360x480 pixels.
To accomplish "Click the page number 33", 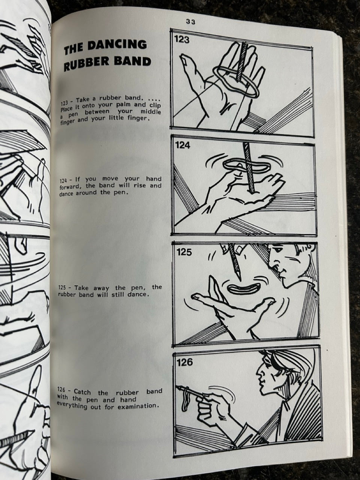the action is click(x=190, y=22).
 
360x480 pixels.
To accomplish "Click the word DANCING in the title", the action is click(x=118, y=45).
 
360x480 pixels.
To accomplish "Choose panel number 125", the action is click(x=184, y=252).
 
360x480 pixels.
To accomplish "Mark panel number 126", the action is click(x=185, y=363).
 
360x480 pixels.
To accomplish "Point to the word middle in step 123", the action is click(x=151, y=112).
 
